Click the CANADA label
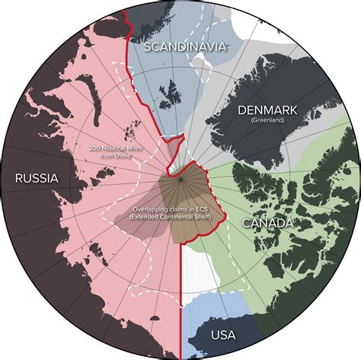[x=267, y=224]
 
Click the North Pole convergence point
[x=180, y=176]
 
